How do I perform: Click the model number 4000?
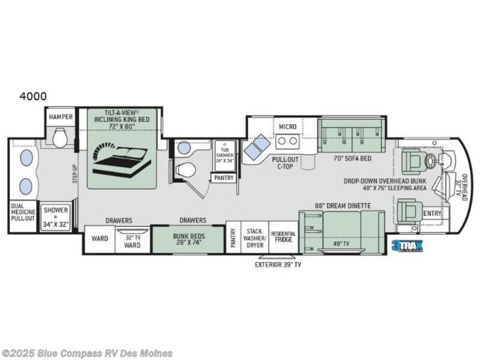(32, 96)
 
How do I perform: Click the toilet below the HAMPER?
(60, 138)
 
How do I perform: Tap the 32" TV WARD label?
(132, 240)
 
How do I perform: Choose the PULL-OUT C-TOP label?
(285, 161)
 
